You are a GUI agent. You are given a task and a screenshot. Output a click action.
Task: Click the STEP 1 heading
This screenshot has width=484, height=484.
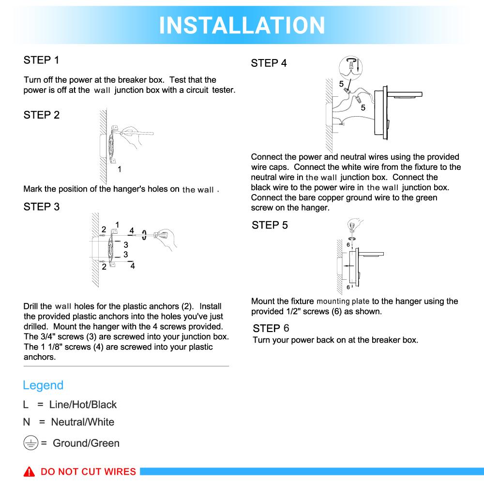tap(41, 60)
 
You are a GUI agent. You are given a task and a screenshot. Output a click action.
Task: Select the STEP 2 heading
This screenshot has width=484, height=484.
tap(41, 115)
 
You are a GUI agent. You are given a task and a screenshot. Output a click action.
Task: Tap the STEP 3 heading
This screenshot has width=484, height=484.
tap(41, 207)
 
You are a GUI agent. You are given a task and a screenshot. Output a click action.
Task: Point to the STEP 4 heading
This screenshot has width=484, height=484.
tap(269, 63)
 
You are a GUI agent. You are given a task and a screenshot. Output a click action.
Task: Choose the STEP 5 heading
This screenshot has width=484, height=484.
tap(270, 225)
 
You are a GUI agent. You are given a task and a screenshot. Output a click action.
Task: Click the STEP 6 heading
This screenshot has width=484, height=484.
tap(271, 328)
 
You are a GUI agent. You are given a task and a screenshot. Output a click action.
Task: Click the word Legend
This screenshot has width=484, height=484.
tap(43, 385)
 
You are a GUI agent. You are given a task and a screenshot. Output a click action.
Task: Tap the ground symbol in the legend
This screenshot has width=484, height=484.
tap(30, 443)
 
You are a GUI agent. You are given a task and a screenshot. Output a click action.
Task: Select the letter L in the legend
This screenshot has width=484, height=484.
tap(26, 405)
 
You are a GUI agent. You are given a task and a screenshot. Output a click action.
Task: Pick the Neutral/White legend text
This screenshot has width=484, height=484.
tap(82, 422)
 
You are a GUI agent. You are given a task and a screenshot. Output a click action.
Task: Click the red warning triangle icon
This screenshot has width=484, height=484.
tap(30, 472)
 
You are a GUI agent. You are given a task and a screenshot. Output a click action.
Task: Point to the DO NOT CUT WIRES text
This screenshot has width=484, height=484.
tap(88, 472)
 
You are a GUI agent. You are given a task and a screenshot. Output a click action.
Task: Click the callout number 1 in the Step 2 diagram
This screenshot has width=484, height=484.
tap(120, 169)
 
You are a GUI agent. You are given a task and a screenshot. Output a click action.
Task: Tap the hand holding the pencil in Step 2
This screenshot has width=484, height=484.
tap(138, 138)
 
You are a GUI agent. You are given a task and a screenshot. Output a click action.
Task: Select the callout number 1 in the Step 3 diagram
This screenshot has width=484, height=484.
tap(117, 225)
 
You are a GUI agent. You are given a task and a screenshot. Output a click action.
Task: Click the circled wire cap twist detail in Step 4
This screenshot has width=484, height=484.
tap(351, 65)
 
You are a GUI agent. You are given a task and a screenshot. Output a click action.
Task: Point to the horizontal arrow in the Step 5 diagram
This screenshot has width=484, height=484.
tap(348, 266)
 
